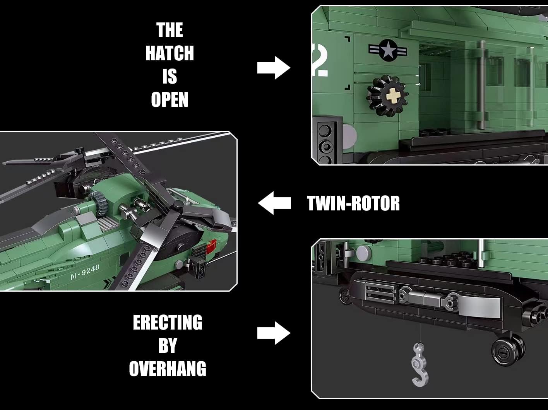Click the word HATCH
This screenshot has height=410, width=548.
[170, 53]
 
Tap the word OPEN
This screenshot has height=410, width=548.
[170, 100]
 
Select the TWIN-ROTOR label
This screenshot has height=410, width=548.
[353, 203]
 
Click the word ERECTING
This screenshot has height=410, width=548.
[168, 322]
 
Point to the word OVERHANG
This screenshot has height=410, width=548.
[168, 369]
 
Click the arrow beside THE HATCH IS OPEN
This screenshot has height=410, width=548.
[274, 68]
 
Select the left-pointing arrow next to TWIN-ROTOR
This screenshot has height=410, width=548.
[274, 203]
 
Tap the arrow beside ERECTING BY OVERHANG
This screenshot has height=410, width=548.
[274, 333]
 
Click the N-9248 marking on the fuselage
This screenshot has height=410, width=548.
[85, 272]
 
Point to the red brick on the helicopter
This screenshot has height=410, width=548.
[211, 245]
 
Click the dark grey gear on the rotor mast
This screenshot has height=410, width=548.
[100, 203]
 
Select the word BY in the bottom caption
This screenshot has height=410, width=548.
[168, 345]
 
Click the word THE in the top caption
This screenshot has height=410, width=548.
[170, 30]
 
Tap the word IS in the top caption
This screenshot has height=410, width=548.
[170, 77]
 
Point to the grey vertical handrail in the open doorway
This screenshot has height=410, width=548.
[481, 85]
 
